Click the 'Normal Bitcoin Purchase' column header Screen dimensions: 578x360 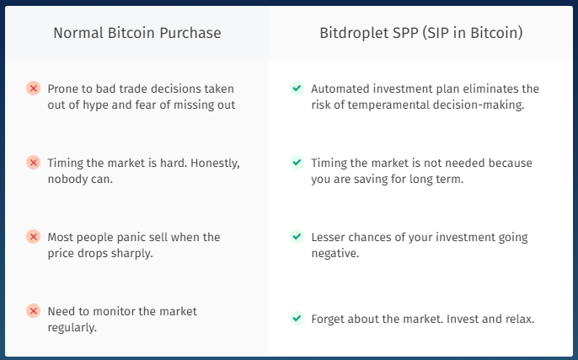click(x=137, y=33)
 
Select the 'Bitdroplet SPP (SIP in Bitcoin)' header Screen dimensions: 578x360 click(x=421, y=33)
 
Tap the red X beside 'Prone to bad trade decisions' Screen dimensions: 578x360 click(x=33, y=89)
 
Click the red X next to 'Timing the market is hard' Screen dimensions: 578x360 click(x=33, y=163)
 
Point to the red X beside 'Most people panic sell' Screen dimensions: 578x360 click(x=33, y=237)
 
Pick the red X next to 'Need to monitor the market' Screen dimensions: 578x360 click(x=33, y=311)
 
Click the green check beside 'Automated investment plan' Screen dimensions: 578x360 click(x=297, y=89)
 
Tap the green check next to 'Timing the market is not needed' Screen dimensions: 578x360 click(x=297, y=163)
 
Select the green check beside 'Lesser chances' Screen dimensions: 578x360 click(x=297, y=237)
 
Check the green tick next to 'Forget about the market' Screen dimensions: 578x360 click(x=297, y=319)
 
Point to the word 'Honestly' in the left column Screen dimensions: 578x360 click(x=216, y=164)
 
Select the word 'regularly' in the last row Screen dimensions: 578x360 click(x=72, y=327)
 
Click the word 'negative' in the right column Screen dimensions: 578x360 click(x=335, y=254)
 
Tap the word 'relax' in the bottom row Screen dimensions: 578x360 click(x=520, y=319)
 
